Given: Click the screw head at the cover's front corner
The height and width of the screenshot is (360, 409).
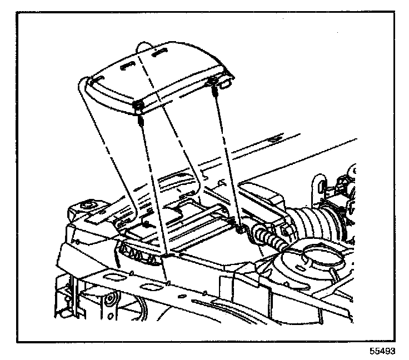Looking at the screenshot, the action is [x=138, y=106].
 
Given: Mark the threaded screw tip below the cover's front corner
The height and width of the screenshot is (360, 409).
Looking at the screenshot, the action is [x=141, y=121].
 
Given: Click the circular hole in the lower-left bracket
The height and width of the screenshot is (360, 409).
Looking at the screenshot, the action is [x=113, y=301].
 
